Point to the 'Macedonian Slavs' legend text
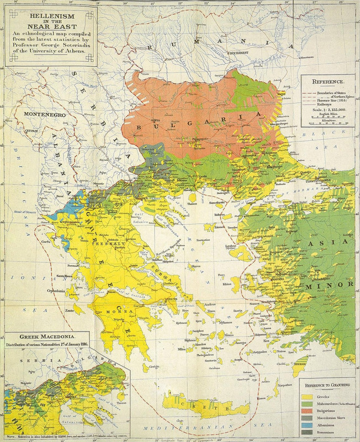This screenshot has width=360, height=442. (x=334, y=420)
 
